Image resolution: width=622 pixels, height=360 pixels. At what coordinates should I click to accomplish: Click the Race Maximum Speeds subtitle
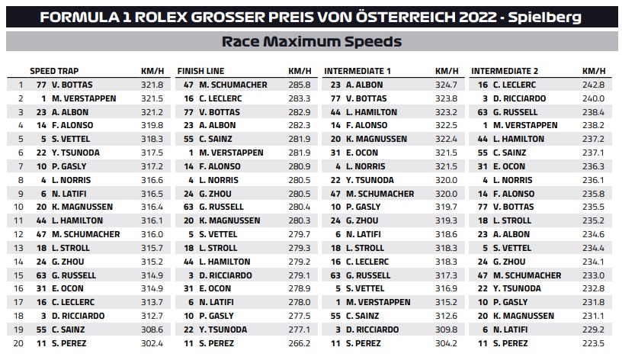[312, 42]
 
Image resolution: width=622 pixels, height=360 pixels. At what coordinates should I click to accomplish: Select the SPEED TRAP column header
[54, 71]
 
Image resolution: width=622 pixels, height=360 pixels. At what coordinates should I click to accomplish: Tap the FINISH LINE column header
[200, 71]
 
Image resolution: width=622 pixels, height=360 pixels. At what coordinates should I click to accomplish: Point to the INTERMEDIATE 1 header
[357, 71]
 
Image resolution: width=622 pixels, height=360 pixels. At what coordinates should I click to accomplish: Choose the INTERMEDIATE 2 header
[505, 71]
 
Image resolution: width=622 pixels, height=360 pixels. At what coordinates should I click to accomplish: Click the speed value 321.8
[152, 85]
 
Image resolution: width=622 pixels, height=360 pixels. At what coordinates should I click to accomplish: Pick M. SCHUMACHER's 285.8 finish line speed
[299, 85]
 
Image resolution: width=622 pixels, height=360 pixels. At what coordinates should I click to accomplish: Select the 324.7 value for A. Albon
[446, 85]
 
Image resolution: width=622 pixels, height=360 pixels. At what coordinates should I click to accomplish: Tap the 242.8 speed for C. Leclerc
[593, 85]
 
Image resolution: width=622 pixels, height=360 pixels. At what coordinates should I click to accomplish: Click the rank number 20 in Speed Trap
[18, 343]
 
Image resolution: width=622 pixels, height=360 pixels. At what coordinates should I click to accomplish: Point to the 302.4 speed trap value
[152, 343]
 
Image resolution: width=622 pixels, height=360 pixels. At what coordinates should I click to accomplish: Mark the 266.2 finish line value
[299, 343]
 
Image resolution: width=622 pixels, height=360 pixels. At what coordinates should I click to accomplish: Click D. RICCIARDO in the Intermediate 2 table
[519, 98]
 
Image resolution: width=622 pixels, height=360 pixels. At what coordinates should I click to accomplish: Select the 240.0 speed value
[593, 98]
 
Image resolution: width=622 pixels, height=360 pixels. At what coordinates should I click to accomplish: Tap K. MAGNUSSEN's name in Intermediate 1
[377, 139]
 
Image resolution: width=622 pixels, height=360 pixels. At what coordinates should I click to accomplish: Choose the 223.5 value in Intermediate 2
[593, 343]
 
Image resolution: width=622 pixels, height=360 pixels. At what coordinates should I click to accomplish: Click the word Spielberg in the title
[545, 18]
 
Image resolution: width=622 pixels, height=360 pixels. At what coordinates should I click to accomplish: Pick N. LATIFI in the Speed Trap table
[69, 194]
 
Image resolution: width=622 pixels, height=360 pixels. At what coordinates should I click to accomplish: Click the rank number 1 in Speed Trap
[21, 85]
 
